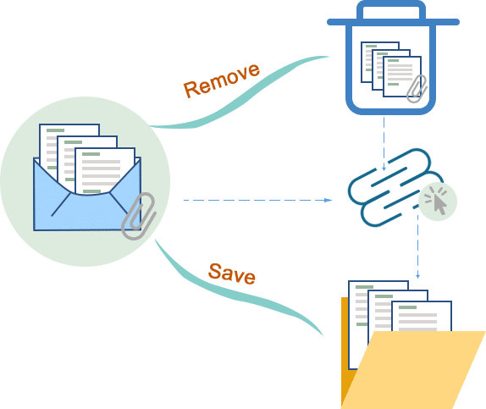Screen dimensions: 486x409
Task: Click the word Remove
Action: click(221, 80)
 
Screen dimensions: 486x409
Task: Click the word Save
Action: click(232, 274)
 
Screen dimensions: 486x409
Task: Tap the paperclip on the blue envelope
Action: click(139, 216)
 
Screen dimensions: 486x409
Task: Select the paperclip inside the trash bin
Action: click(417, 88)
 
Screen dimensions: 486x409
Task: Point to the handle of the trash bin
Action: click(391, 8)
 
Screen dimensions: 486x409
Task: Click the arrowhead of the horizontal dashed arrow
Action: click(328, 201)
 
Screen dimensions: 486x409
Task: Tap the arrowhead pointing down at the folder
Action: click(417, 275)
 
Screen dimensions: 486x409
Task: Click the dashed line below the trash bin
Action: click(384, 144)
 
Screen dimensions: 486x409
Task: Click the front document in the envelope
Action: click(105, 170)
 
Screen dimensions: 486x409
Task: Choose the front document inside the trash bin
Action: click(402, 76)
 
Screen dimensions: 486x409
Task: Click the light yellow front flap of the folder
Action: click(413, 369)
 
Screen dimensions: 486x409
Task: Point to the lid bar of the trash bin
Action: click(393, 22)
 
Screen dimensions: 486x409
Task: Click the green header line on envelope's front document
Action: click(91, 154)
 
